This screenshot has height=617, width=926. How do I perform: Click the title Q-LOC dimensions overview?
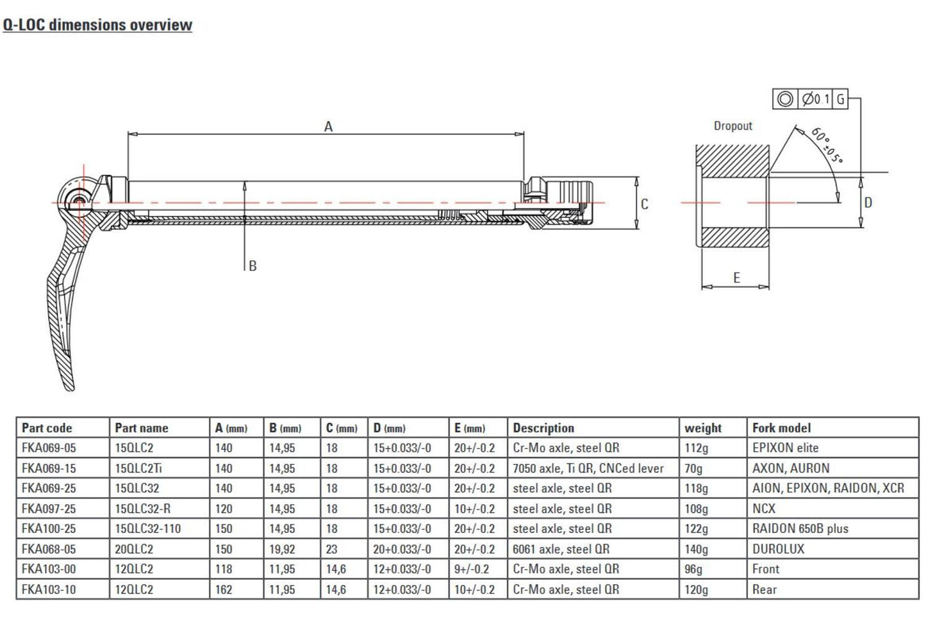click(97, 25)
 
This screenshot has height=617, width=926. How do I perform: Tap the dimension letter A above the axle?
click(328, 127)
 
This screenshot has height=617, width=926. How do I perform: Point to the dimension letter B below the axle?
click(252, 266)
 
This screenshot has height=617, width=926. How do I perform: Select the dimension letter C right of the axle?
click(644, 204)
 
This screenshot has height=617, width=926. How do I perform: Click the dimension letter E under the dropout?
click(736, 277)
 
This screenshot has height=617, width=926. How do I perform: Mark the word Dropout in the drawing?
click(732, 126)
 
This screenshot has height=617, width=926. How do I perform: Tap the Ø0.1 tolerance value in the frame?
click(816, 99)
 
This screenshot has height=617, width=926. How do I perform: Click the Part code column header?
click(47, 428)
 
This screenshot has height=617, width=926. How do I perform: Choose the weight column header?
click(702, 428)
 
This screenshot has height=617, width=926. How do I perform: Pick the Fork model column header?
click(781, 428)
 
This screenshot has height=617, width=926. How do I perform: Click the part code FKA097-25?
click(49, 509)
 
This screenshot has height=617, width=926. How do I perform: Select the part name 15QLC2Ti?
click(138, 468)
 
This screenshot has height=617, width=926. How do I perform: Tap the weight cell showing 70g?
click(693, 468)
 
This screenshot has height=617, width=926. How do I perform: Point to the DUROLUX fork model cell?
click(778, 549)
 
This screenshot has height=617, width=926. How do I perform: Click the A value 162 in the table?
click(224, 589)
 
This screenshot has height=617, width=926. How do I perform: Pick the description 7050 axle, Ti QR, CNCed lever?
click(588, 468)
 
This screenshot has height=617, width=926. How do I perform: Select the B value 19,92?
click(282, 549)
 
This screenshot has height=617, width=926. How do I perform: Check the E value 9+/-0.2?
click(471, 569)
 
